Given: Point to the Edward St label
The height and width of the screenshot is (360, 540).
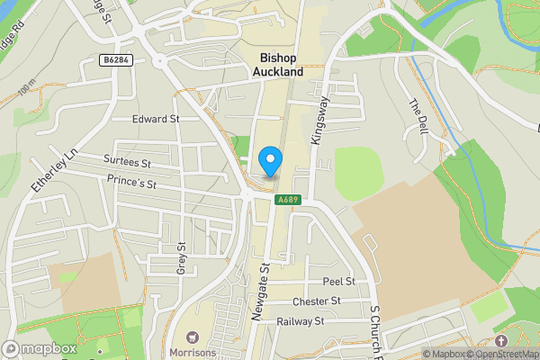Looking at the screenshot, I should coord(156,118).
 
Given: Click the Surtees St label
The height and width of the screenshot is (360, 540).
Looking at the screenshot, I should coord(127,163).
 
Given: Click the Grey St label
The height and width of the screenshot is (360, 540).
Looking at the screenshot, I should coord(181,258).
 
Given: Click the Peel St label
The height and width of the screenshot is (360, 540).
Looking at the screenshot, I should coord(339,282).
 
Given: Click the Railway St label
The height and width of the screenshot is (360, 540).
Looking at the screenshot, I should coord(300,321).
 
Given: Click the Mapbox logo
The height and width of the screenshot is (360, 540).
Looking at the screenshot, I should coord(40,347).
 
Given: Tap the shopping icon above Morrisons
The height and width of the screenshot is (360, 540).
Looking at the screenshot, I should coord(190,334).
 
